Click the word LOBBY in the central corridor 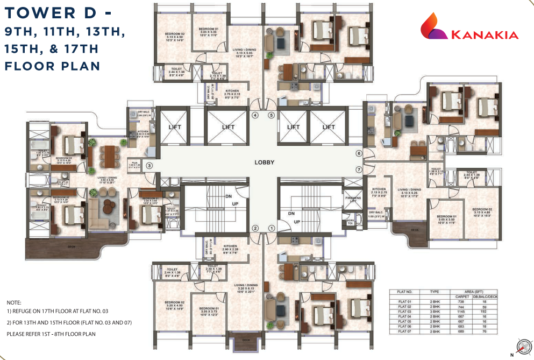265,162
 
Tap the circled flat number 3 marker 149,166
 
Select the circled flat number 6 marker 359,153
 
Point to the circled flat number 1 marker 272,228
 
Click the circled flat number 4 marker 255,115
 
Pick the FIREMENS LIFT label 353,199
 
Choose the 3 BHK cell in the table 435,312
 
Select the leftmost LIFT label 175,127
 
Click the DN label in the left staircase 228,197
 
